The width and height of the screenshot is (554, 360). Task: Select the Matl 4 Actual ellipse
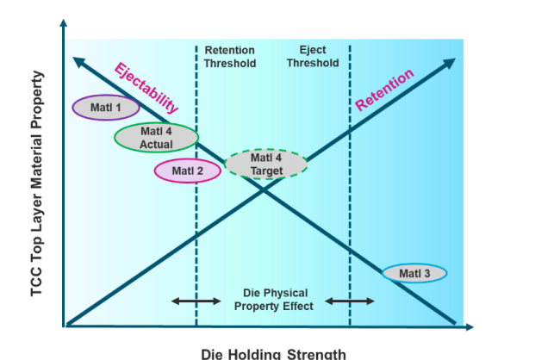pyautogui.click(x=156, y=138)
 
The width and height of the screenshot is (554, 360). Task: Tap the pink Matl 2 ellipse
pyautogui.click(x=187, y=171)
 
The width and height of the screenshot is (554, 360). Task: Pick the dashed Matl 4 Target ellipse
pyautogui.click(x=266, y=164)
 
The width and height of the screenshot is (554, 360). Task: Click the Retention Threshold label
pyautogui.click(x=230, y=57)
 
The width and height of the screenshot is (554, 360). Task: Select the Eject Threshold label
pyautogui.click(x=312, y=56)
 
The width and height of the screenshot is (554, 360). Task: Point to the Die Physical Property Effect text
pyautogui.click(x=272, y=300)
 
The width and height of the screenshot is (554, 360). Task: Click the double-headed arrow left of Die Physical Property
pyautogui.click(x=196, y=301)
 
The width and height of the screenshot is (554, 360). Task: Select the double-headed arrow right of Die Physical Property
pyautogui.click(x=349, y=301)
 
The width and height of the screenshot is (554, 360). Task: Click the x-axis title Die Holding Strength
pyautogui.click(x=273, y=353)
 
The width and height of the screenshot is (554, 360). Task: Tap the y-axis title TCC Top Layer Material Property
pyautogui.click(x=36, y=183)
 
